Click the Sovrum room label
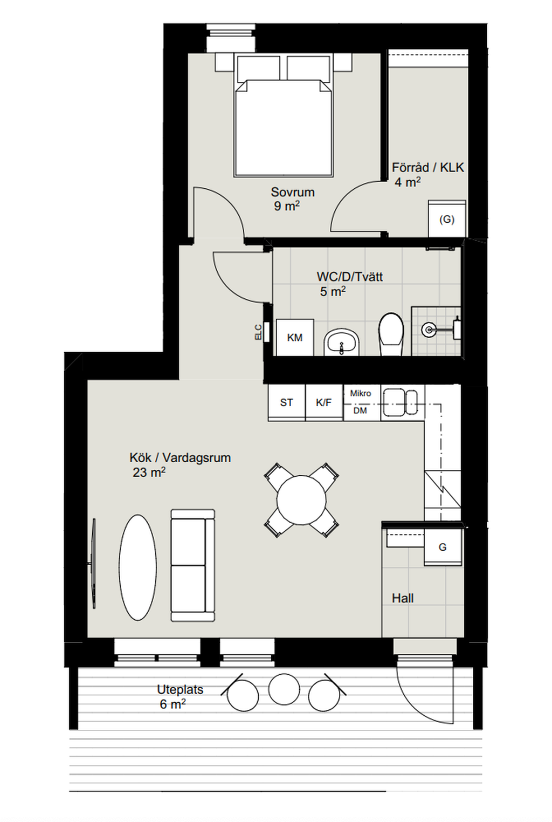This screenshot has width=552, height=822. pos(292,192)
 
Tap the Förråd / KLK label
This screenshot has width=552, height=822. pos(427,167)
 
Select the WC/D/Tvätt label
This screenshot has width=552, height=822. pos(349,277)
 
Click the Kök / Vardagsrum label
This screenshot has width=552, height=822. pos(180,457)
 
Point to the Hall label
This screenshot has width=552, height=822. pos(403,598)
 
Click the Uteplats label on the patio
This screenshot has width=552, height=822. pos(180,689)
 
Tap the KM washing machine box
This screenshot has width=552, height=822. pos(295,337)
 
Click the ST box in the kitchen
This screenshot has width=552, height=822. pos(286,402)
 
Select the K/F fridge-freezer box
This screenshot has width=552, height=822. pos(324,402)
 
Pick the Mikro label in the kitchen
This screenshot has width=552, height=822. pos(361,393)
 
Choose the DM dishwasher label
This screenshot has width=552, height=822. pos(360,410)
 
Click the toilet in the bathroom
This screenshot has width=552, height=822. pos(391,334)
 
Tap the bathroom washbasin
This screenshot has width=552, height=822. pos(341,341)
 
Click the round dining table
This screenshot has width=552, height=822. pos(301,500)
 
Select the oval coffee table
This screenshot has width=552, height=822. pos(137,566)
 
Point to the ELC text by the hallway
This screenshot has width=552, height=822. pos(259,332)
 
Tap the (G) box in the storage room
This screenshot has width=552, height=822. pos(447,219)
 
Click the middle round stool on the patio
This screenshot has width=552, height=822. pos(284,689)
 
